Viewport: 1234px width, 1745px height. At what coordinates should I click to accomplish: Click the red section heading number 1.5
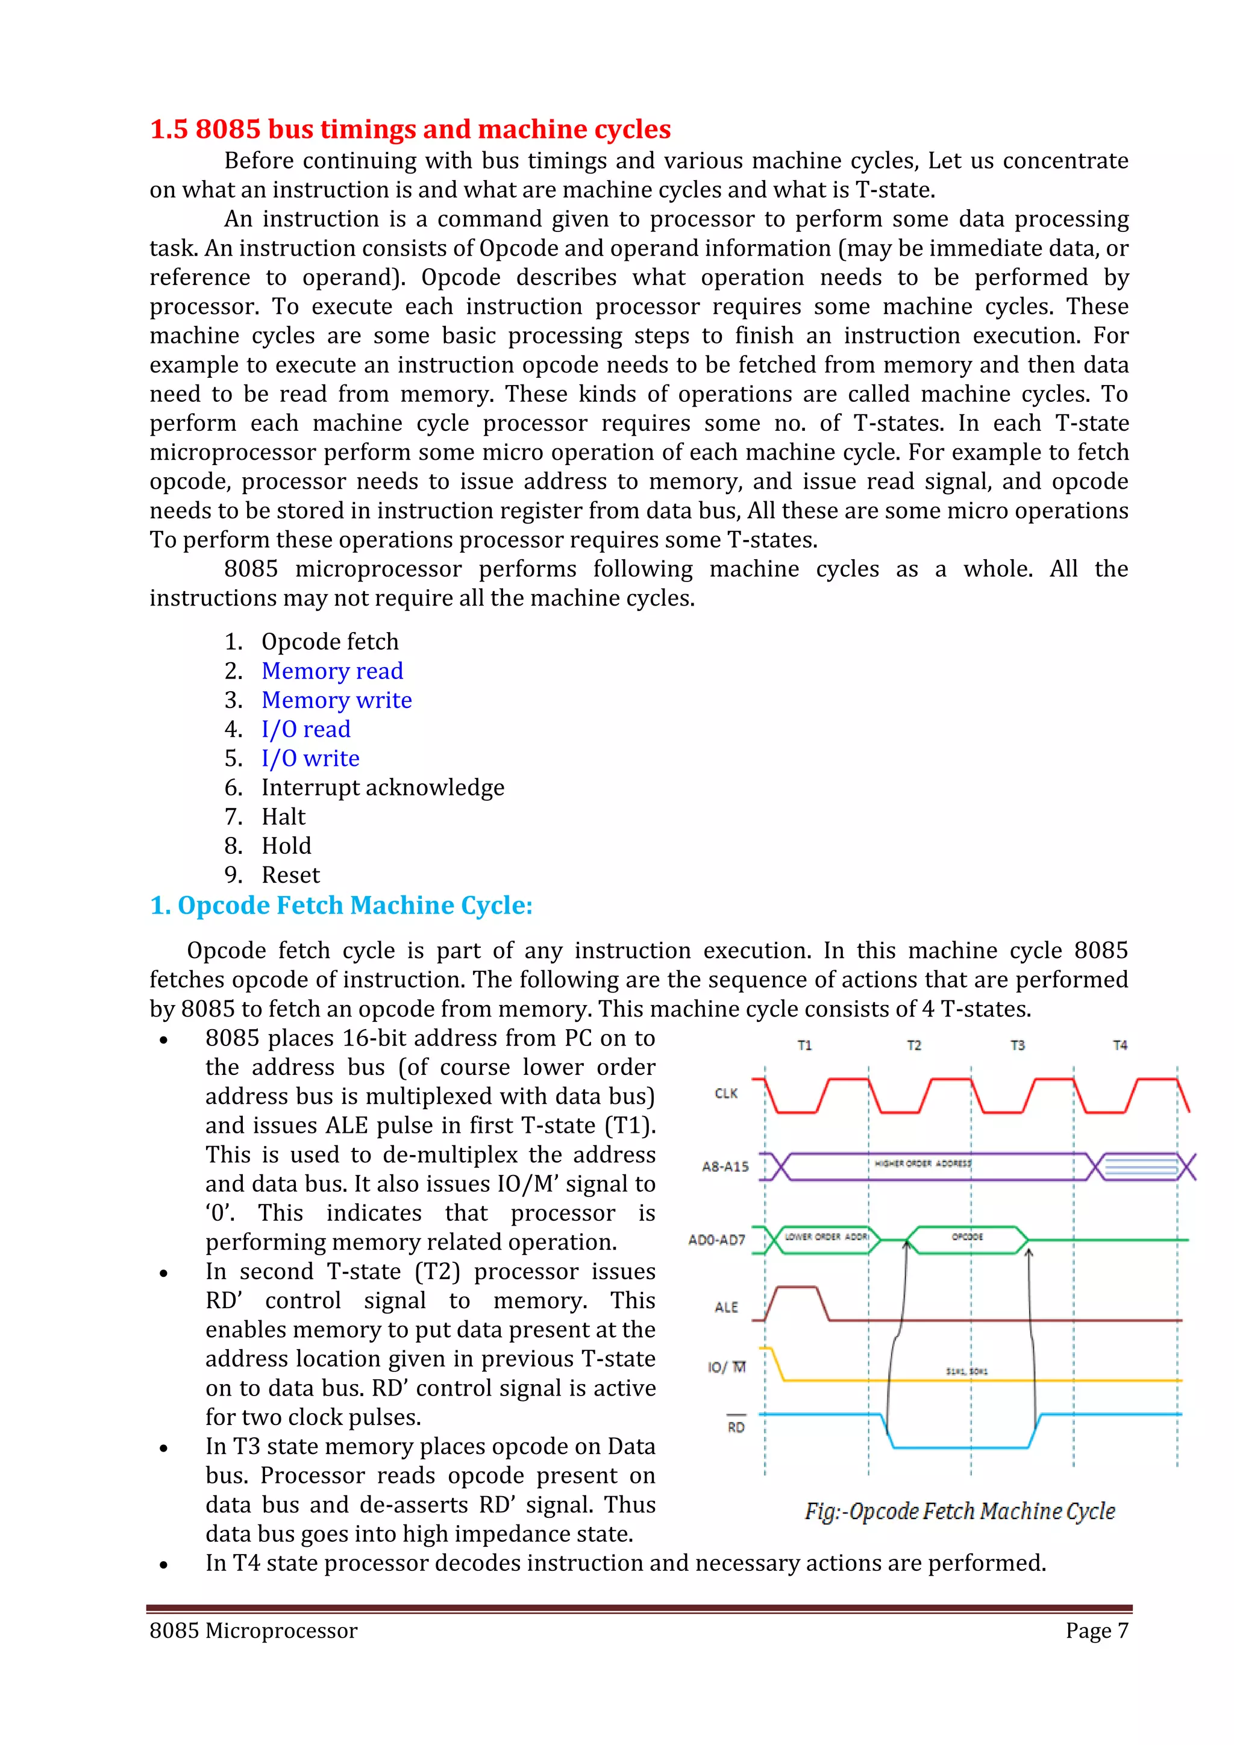click(x=169, y=129)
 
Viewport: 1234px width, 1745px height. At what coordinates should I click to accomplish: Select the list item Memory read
click(x=332, y=671)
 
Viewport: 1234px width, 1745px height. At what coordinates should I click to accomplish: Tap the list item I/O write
click(x=310, y=759)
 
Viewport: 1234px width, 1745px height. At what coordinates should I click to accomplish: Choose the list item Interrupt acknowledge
click(x=382, y=788)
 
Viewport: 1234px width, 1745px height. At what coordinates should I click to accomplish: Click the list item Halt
click(x=283, y=817)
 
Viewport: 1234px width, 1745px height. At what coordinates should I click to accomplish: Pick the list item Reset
click(x=290, y=875)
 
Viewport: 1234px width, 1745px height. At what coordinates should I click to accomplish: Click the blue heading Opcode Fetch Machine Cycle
click(x=341, y=905)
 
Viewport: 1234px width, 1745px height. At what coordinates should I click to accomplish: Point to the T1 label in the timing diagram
click(x=804, y=1046)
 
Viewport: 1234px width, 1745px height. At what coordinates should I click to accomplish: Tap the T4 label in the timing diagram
click(x=1120, y=1046)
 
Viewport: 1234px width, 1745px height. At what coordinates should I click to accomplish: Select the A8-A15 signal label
click(x=725, y=1167)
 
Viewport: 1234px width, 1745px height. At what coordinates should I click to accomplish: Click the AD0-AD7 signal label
click(x=716, y=1239)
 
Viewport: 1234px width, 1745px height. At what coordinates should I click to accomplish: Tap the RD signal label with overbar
click(x=736, y=1427)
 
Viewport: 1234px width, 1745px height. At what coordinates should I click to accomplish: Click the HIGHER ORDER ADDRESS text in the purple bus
click(x=922, y=1164)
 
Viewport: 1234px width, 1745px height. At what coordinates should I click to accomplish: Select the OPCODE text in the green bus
click(x=966, y=1236)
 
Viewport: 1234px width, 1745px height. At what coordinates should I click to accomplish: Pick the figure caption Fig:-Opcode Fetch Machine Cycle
click(x=960, y=1511)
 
